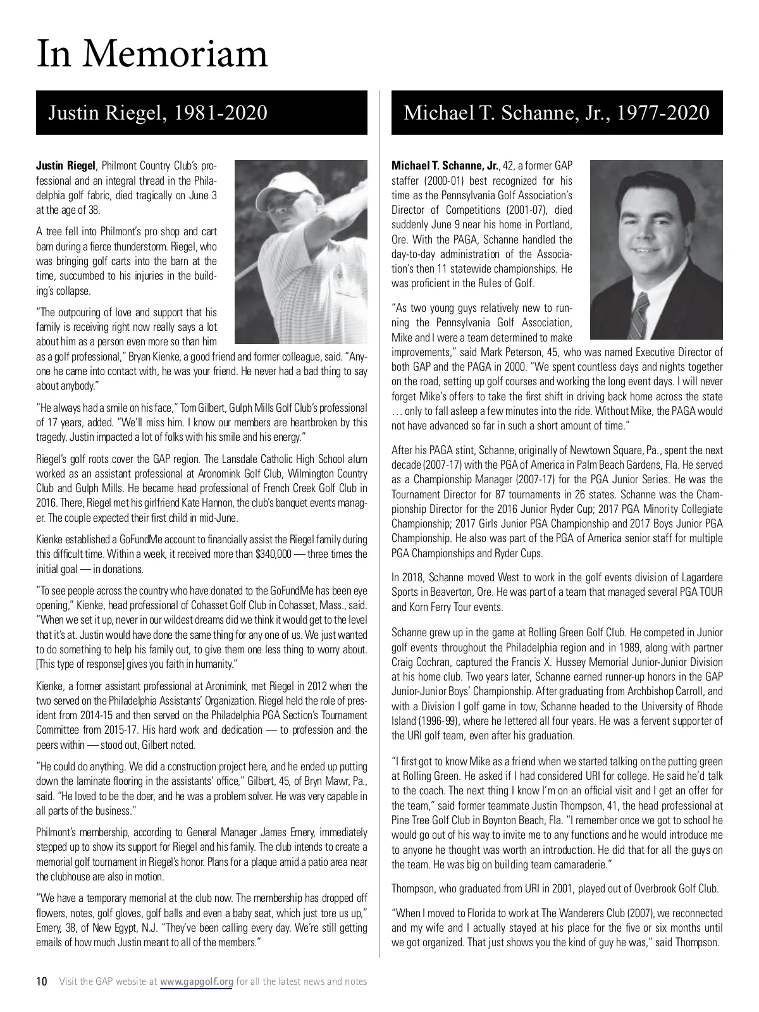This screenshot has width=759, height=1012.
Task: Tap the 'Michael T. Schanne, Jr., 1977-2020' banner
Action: [556, 113]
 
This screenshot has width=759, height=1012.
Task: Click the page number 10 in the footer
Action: [42, 982]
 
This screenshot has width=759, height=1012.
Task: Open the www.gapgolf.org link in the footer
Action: [197, 982]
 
